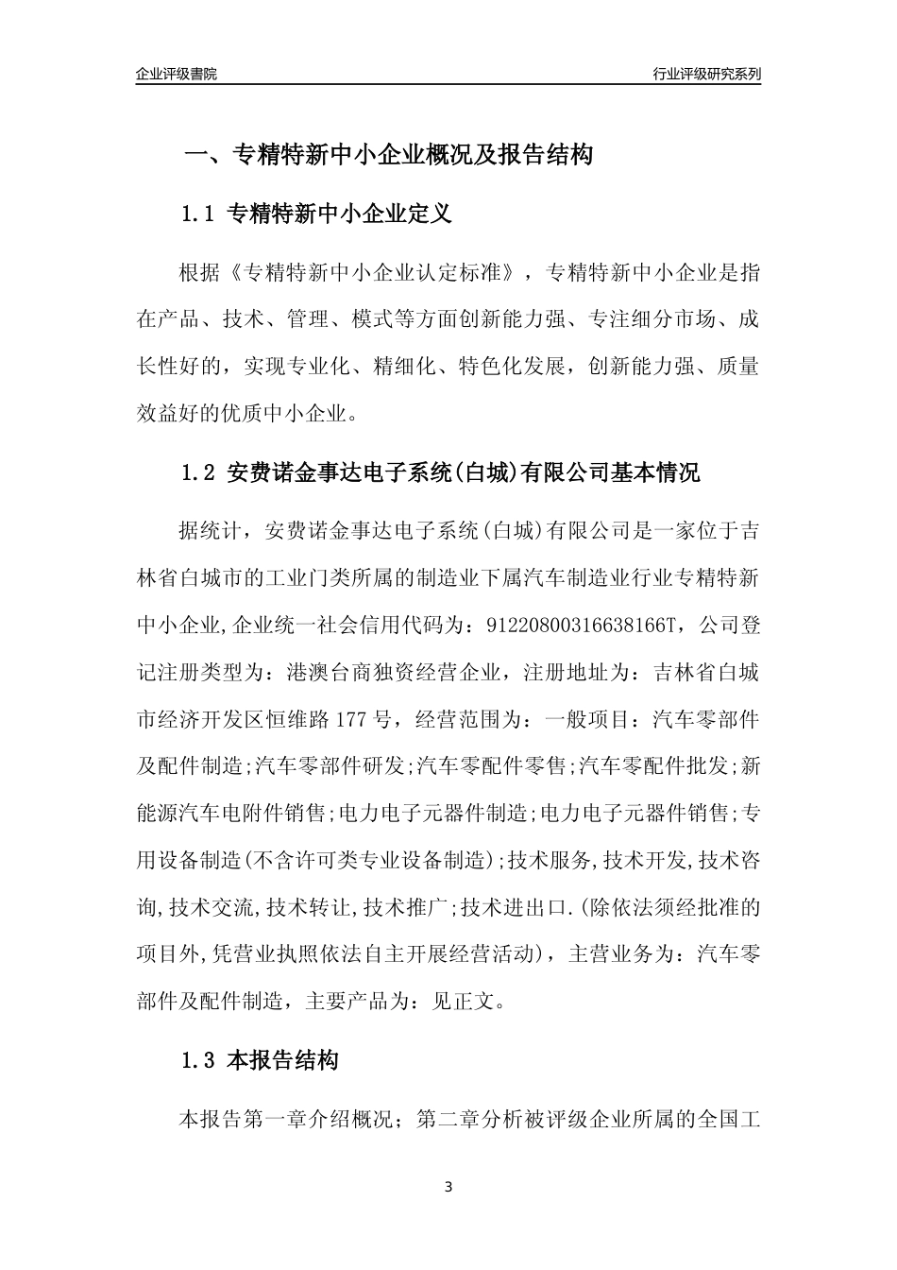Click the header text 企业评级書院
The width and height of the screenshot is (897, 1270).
click(x=177, y=74)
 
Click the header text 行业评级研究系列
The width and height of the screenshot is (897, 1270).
click(x=706, y=74)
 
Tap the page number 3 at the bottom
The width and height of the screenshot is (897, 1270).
click(x=448, y=1186)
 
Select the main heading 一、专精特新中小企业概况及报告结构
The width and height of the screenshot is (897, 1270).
click(x=388, y=155)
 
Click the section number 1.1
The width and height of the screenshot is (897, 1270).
click(x=199, y=215)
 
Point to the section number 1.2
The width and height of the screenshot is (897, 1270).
click(x=199, y=472)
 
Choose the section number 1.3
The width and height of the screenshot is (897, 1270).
click(x=199, y=1061)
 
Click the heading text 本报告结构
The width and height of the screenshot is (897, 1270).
click(x=282, y=1061)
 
